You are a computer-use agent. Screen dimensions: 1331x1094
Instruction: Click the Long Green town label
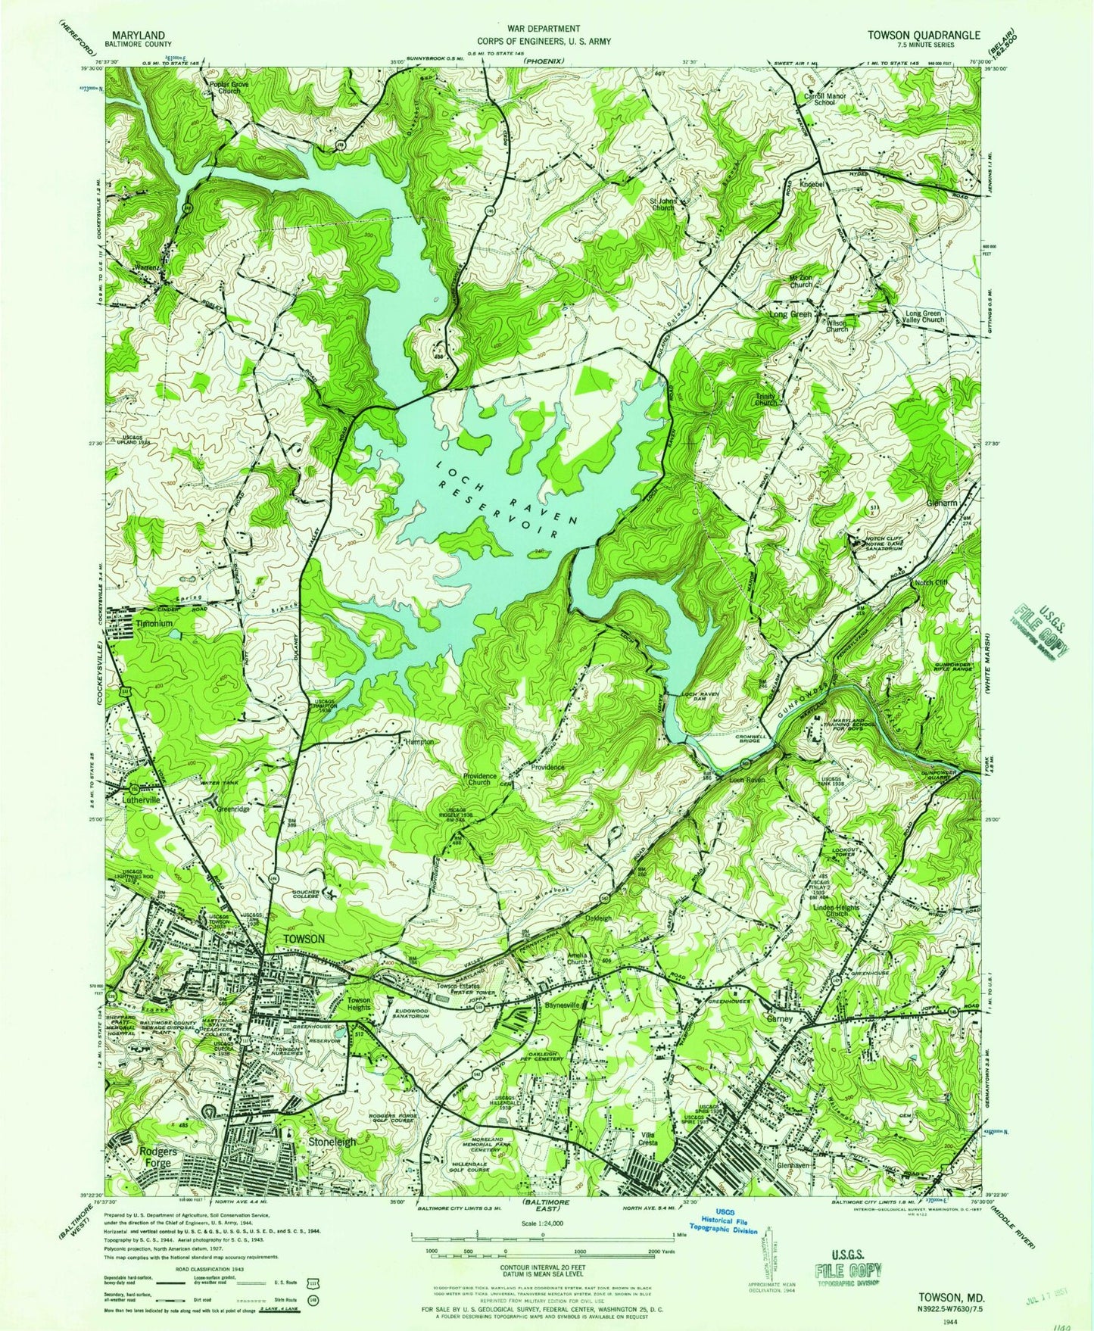tap(790, 314)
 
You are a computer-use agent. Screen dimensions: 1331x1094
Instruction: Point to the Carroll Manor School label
tap(824, 99)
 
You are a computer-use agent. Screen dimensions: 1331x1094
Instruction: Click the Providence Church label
tap(481, 779)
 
